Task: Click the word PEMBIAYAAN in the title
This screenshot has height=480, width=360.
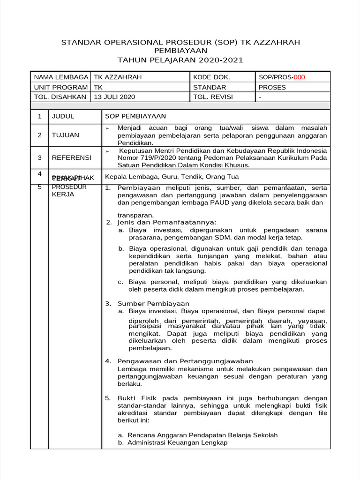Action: (x=180, y=51)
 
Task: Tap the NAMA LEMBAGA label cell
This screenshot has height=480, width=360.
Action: (x=61, y=77)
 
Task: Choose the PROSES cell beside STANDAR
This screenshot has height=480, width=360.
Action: (x=272, y=87)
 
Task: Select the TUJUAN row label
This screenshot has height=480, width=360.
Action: (x=65, y=135)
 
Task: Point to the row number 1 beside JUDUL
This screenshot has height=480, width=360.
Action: (x=40, y=116)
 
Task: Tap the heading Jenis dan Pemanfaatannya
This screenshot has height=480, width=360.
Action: (x=167, y=222)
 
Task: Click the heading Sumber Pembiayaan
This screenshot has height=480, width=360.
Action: (x=153, y=303)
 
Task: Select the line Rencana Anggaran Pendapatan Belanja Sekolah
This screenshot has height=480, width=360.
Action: (x=202, y=435)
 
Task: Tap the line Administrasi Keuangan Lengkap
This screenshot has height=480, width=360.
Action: (x=177, y=442)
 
